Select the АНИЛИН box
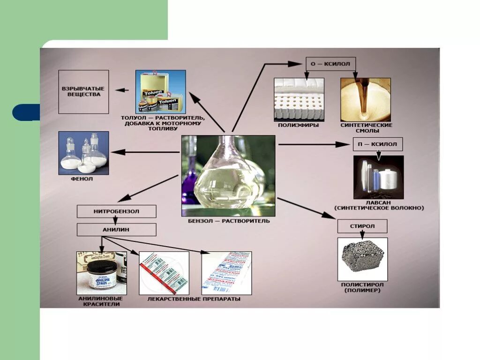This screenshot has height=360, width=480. point(116,230)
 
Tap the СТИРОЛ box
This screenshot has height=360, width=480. point(362,227)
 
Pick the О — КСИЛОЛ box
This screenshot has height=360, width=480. point(331,63)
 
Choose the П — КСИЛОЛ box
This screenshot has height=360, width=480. point(377,144)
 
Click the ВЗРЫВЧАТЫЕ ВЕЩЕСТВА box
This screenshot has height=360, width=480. point(83,92)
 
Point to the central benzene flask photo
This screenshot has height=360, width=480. point(228,175)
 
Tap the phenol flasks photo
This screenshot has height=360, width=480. point(83,153)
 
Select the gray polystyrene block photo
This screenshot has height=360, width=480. point(361,259)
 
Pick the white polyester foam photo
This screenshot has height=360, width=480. point(299,99)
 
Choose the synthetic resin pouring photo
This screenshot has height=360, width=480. point(365,99)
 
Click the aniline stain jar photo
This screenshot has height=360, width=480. point(102,273)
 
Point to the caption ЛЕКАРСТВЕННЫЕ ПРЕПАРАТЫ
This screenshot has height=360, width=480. point(194,299)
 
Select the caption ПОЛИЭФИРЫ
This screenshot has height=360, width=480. point(299,125)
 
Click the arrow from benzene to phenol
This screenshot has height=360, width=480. point(145,152)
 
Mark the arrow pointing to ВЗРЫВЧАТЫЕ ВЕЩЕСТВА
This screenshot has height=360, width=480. point(123,90)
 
